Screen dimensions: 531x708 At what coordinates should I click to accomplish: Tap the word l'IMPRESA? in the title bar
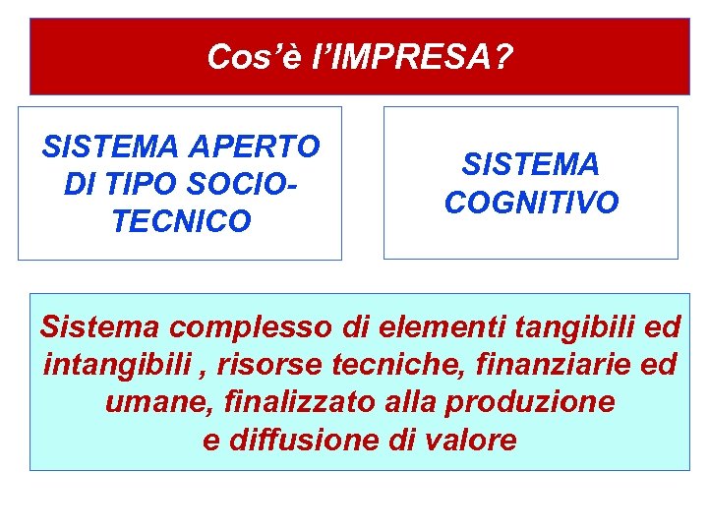tap(411, 57)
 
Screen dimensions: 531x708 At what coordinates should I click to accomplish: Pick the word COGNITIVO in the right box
tap(531, 203)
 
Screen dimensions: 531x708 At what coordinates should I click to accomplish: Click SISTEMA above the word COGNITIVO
tap(531, 164)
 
